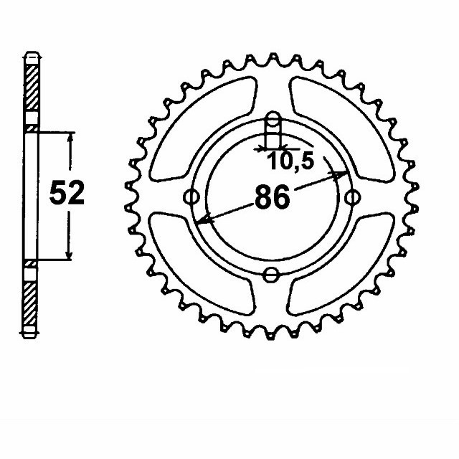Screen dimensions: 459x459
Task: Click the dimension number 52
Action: (x=66, y=194)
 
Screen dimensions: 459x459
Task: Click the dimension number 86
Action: (x=272, y=198)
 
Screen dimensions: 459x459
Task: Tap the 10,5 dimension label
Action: (x=290, y=163)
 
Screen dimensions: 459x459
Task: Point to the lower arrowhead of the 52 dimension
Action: (x=70, y=255)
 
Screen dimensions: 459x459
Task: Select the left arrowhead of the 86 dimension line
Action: (x=204, y=221)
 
